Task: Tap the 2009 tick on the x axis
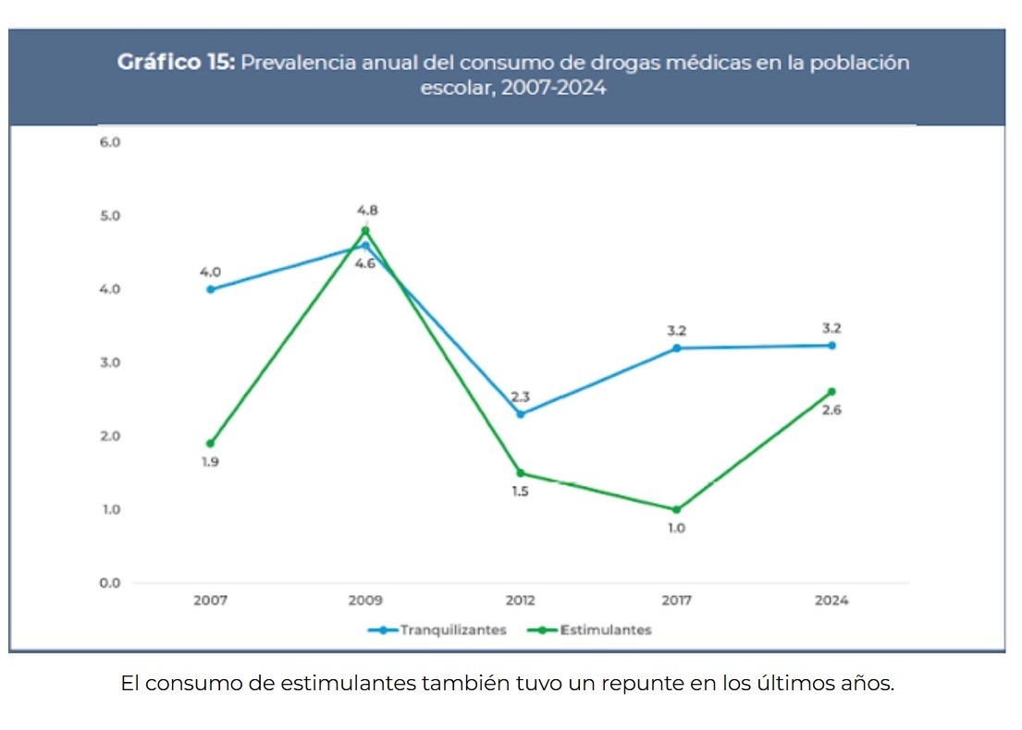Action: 365,601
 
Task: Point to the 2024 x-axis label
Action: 831,601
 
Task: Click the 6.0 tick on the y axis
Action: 110,142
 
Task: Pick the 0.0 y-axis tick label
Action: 110,583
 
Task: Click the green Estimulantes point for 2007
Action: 210,444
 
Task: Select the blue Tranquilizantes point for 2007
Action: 210,289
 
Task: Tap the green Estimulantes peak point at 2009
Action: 365,230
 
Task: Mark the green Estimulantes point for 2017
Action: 676,509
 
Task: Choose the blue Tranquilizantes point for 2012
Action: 521,414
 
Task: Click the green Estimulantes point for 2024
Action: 831,392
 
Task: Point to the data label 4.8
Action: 367,210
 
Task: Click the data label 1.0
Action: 677,529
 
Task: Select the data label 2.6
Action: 831,410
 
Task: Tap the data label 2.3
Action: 521,396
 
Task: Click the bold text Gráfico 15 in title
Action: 176,63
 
